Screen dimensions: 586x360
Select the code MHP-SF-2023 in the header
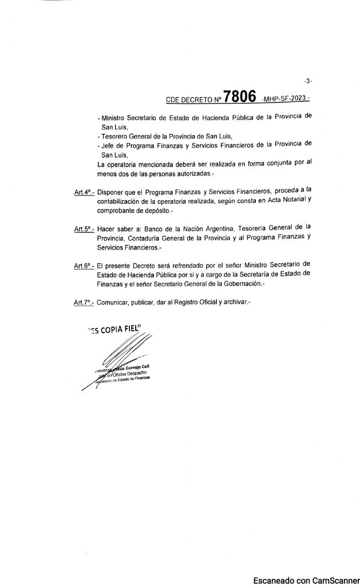click(284, 100)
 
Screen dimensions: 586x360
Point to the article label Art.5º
click(84, 229)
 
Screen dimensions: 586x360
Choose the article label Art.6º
click(84, 266)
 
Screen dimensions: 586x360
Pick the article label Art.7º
click(84, 303)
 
